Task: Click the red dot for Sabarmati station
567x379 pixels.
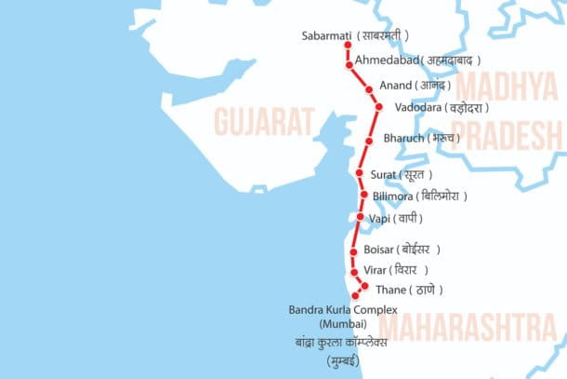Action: [x=348, y=45]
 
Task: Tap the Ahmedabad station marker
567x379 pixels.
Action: [x=349, y=65]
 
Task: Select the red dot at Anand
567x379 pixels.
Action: [x=369, y=89]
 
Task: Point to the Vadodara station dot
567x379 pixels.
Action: [x=378, y=107]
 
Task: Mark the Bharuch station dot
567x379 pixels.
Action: [x=369, y=141]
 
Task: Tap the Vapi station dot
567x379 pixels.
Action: [x=361, y=217]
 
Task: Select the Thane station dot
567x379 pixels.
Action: [x=365, y=286]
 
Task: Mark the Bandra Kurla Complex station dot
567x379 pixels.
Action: [x=355, y=295]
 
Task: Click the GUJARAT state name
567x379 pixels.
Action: [x=263, y=121]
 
